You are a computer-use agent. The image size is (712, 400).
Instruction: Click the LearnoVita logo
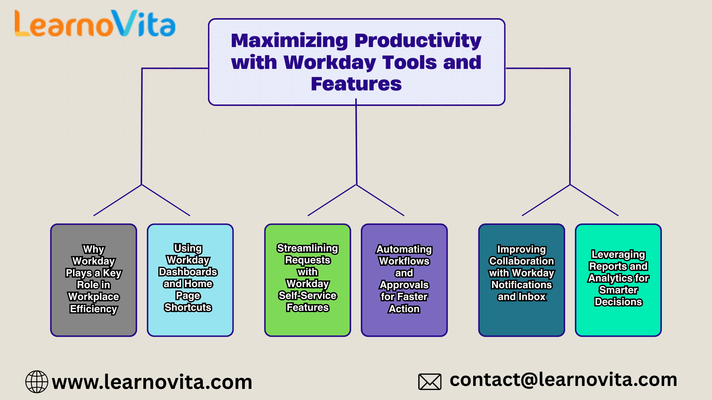click(x=95, y=24)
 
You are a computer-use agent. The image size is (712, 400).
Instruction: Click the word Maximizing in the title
click(x=289, y=40)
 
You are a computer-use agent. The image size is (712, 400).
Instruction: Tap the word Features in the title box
click(x=356, y=84)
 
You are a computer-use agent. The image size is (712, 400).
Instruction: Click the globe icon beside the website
click(x=37, y=381)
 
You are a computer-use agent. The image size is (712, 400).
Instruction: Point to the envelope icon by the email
click(x=429, y=381)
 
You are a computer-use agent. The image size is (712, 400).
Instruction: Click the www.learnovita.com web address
click(x=152, y=382)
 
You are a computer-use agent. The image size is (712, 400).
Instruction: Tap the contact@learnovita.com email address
click(x=563, y=380)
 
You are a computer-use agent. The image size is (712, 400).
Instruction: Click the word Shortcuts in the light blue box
click(x=188, y=307)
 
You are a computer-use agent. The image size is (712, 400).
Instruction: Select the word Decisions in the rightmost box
click(x=618, y=302)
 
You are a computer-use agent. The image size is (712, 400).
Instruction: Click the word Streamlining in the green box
click(x=307, y=248)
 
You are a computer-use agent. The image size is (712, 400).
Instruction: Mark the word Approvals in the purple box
click(x=404, y=285)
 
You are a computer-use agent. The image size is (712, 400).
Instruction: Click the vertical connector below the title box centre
click(x=356, y=144)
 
